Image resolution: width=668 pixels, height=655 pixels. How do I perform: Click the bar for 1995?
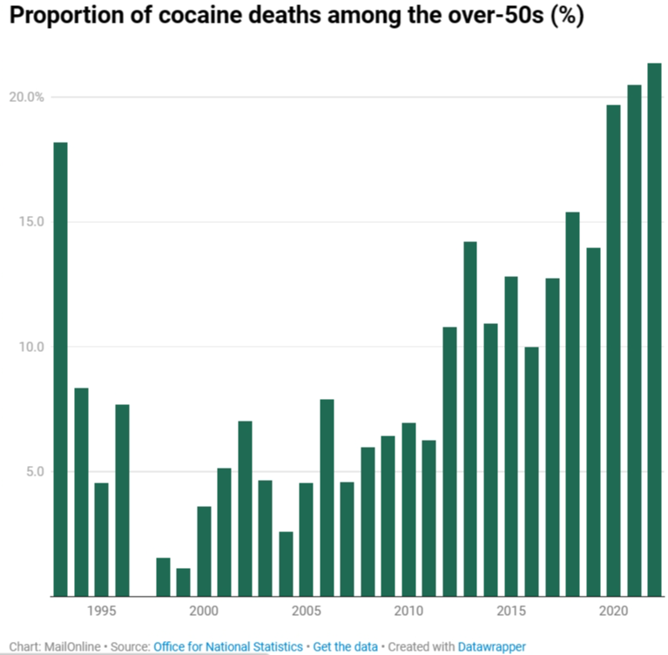tap(102, 539)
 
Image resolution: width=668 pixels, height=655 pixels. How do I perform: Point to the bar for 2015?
tap(511, 436)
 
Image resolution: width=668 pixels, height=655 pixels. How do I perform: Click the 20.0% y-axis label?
tap(26, 97)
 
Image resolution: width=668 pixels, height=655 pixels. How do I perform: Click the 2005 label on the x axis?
tap(307, 611)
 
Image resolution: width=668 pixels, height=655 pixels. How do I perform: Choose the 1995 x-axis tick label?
tap(102, 611)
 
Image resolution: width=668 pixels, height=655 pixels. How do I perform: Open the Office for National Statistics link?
tap(228, 647)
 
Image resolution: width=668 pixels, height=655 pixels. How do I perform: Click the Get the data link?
tap(346, 647)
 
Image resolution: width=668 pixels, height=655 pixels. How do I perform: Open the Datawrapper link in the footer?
tap(493, 647)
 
